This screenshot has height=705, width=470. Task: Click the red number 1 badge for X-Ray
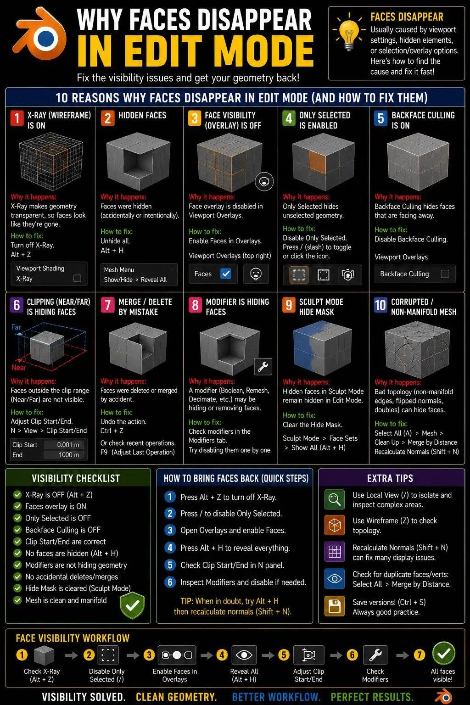[17, 118]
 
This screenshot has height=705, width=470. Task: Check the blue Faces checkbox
[226, 274]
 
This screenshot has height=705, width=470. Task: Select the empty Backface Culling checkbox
[445, 274]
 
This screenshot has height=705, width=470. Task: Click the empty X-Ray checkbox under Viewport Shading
[77, 278]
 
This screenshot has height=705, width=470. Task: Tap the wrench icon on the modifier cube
[263, 367]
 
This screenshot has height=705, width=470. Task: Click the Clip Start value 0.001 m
[68, 445]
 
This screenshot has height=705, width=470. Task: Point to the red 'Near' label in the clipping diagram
[18, 367]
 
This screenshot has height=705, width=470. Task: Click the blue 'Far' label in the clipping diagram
[16, 327]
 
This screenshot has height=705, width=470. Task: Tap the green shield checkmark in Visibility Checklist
[132, 605]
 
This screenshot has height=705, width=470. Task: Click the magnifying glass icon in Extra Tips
[334, 499]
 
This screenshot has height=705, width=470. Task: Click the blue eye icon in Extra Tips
[334, 578]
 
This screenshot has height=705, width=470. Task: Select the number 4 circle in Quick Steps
[170, 548]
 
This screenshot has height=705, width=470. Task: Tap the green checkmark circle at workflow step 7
[443, 654]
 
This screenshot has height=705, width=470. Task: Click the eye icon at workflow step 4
[244, 655]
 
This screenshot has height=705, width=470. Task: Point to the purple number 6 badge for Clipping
[17, 305]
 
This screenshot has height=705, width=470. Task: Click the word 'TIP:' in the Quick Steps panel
[187, 601]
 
